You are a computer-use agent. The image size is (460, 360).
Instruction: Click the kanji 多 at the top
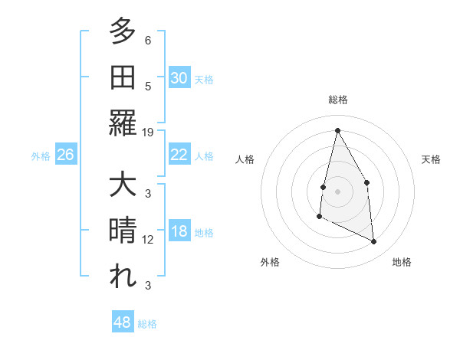pos(123,32)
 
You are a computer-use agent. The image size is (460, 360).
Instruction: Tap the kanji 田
pos(123,77)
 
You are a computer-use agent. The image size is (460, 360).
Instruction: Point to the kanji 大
pos(123,185)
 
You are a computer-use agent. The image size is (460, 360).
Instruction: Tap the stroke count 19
pos(148,132)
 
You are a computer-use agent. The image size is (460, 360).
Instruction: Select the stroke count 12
pos(148,239)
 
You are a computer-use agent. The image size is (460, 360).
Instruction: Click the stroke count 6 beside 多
pos(148,41)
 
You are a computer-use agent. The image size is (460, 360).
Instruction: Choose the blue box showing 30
pos(179,77)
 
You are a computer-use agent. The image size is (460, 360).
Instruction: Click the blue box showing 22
pos(179,155)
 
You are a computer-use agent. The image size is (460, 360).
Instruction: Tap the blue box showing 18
pos(179,232)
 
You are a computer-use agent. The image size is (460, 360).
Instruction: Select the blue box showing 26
pos(65,155)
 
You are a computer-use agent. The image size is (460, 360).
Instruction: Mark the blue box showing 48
pos(123,322)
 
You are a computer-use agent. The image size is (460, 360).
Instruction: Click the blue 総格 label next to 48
pos(148,324)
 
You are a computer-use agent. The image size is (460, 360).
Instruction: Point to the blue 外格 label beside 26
pos(41,156)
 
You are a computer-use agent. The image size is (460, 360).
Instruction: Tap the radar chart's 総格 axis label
pos(337,100)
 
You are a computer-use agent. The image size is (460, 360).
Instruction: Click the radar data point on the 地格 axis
pos(373,242)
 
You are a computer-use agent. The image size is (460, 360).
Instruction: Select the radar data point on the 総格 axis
pos(337,129)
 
